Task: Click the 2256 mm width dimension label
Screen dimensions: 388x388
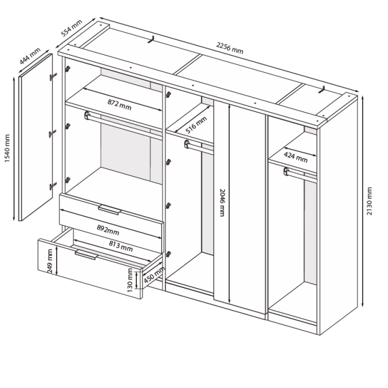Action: (230, 48)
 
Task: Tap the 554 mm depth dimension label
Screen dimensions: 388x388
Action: (72, 28)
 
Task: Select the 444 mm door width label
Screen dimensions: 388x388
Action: (30, 56)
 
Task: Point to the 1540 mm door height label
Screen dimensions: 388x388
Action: (7, 148)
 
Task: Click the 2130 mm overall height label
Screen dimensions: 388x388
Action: (369, 201)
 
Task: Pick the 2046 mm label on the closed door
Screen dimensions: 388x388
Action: (222, 203)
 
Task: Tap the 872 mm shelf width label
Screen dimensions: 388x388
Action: (120, 105)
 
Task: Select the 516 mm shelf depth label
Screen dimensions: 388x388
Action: (196, 125)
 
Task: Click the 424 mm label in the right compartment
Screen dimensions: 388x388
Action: (296, 158)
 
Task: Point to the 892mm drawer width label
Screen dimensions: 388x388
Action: (108, 230)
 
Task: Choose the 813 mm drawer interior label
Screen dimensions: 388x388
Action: (121, 246)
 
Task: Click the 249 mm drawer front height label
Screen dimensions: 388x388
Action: (50, 261)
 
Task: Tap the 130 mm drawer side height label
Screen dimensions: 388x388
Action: (130, 280)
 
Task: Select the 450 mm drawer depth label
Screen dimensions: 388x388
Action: (154, 275)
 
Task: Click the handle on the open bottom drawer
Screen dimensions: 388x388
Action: (86, 255)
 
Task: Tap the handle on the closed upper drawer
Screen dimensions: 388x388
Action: (110, 210)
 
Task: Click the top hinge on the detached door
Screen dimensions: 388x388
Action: (53, 77)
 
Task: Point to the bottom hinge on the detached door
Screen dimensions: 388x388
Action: (53, 186)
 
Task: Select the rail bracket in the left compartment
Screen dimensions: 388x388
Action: (87, 115)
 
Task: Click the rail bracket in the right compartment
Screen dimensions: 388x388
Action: (286, 171)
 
